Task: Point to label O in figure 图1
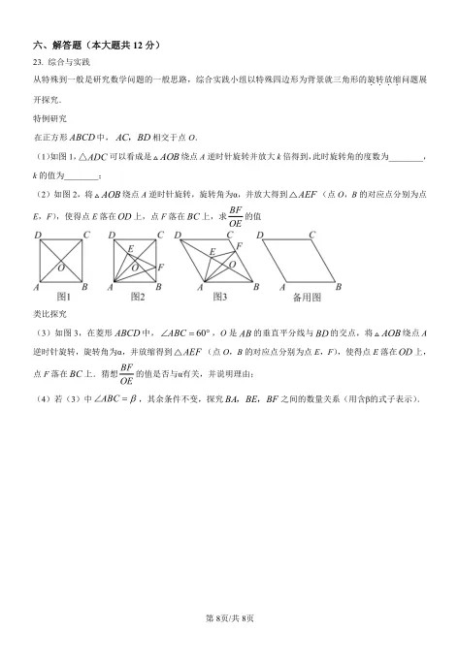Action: tap(61, 267)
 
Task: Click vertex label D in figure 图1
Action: tap(38, 236)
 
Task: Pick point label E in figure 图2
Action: tap(129, 250)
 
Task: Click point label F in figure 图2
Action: tap(160, 267)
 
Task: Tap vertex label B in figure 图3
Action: tap(256, 287)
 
